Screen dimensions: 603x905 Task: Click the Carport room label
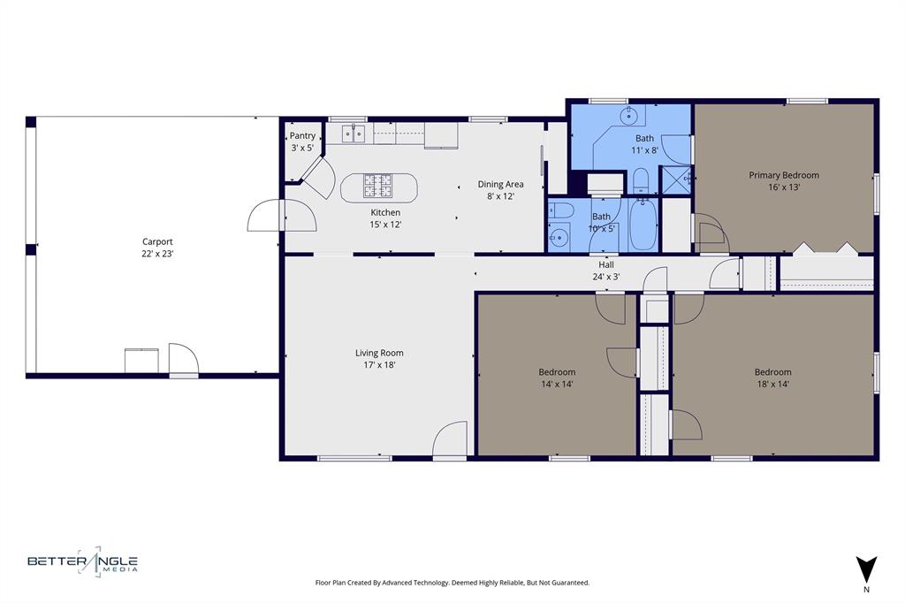click(157, 241)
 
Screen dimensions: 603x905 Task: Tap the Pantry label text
click(302, 135)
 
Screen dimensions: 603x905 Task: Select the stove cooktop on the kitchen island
click(377, 186)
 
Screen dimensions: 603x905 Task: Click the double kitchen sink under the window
click(354, 134)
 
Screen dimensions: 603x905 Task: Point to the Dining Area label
click(500, 184)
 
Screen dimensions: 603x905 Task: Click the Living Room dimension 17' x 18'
click(379, 364)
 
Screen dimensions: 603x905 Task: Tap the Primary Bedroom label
click(783, 175)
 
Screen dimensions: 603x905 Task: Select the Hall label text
click(605, 264)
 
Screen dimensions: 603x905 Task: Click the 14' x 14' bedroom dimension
click(557, 384)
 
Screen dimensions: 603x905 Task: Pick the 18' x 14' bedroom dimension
click(772, 384)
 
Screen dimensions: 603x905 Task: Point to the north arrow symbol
click(866, 569)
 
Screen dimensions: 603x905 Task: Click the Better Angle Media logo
click(82, 561)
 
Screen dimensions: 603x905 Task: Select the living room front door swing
click(451, 439)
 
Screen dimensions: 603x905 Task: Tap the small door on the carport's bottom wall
click(183, 359)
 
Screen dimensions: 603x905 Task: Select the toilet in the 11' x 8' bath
click(642, 180)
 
